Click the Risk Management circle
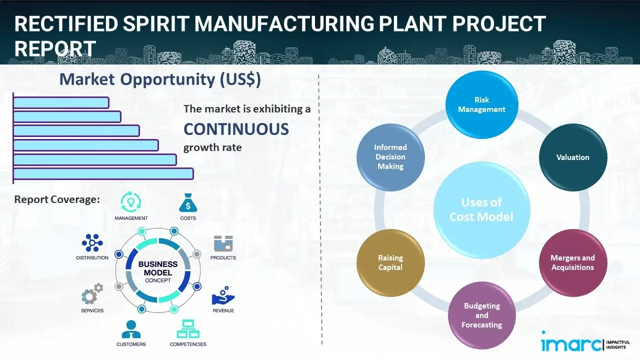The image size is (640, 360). click(481, 105)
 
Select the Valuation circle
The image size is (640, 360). click(572, 157)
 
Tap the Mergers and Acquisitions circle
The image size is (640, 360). click(572, 262)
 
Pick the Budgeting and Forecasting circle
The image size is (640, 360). click(481, 315)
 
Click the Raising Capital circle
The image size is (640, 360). click(390, 262)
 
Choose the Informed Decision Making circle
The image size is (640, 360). click(390, 157)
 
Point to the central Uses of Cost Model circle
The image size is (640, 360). click(481, 209)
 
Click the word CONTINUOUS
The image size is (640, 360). click(236, 129)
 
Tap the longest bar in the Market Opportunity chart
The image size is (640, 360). click(103, 173)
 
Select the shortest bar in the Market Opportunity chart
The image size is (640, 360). click(61, 102)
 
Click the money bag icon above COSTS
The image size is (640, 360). click(187, 202)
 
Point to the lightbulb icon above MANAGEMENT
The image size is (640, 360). click(130, 202)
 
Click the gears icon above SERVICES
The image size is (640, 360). click(92, 295)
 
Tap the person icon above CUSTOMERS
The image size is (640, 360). click(131, 329)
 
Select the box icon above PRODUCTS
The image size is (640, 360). click(223, 243)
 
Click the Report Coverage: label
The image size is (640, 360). click(57, 199)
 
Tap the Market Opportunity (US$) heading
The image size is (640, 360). click(160, 79)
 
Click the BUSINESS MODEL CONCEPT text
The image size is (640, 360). click(157, 272)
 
